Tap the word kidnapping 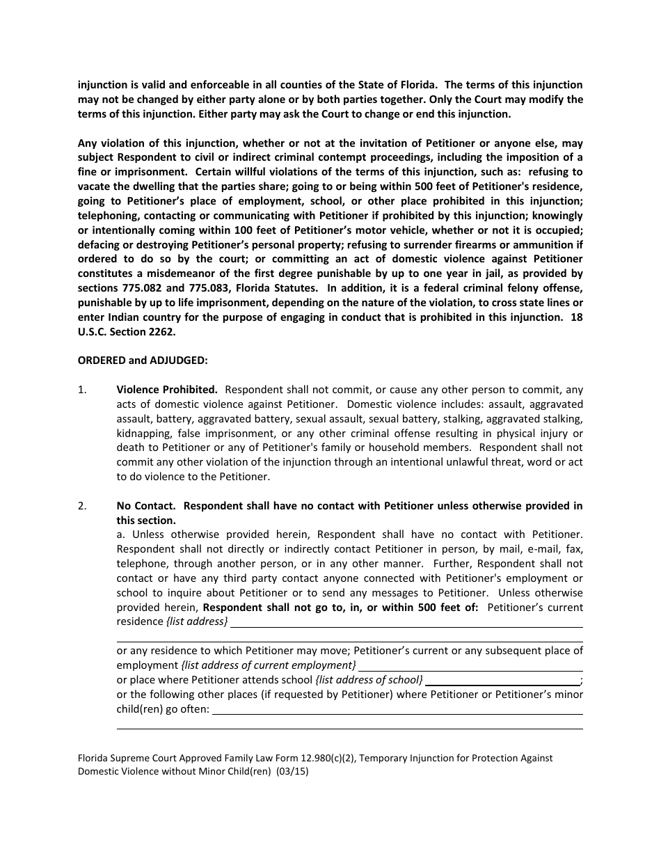coord(143,433)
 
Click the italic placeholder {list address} coord(197,621)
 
